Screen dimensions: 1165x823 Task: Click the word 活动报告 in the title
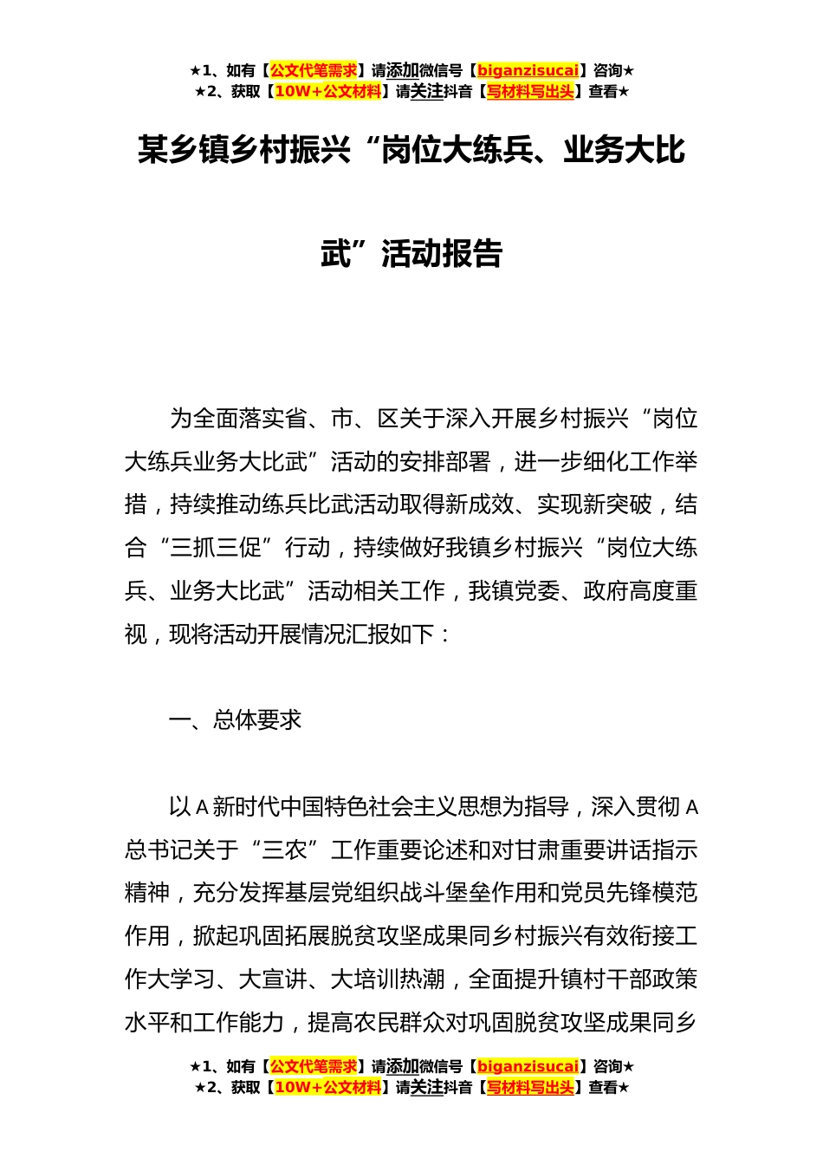pyautogui.click(x=442, y=254)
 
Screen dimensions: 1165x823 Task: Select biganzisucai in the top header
pyautogui.click(x=528, y=71)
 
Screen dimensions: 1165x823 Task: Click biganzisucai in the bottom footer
pyautogui.click(x=528, y=1067)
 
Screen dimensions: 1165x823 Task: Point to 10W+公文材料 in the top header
pyautogui.click(x=327, y=92)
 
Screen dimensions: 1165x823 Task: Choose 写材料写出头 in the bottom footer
pyautogui.click(x=530, y=1088)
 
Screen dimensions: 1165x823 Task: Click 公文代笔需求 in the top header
pyautogui.click(x=314, y=71)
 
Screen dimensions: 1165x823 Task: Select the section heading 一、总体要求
pyautogui.click(x=235, y=720)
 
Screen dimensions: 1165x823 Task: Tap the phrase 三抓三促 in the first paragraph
pyautogui.click(x=216, y=548)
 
